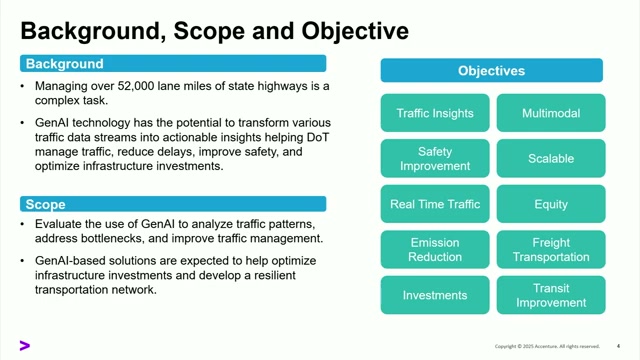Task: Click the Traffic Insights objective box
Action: coord(435,113)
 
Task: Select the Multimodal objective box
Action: coord(551,113)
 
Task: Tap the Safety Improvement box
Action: coord(435,158)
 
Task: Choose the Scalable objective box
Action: coord(551,158)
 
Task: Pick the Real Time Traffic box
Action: coord(435,204)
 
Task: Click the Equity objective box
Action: coord(551,204)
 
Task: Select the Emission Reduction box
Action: coord(435,249)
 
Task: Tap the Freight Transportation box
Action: coord(551,249)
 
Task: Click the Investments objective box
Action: coord(435,295)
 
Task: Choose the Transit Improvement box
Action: coord(551,295)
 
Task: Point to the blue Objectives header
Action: coord(491,70)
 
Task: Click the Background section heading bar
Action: coord(173,64)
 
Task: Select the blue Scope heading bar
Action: coord(173,204)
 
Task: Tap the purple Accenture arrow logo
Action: coord(24,346)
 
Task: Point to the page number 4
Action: coord(618,346)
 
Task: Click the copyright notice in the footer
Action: coord(547,346)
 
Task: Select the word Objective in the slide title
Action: coord(355,31)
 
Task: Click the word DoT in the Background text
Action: coord(318,137)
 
